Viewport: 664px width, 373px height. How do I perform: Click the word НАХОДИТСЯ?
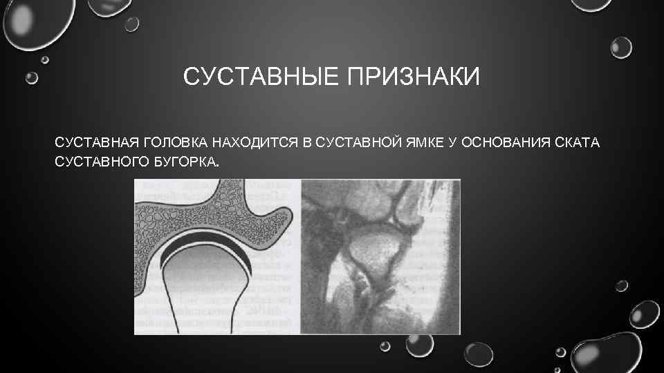pos(256,143)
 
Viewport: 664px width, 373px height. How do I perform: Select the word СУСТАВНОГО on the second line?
pos(101,163)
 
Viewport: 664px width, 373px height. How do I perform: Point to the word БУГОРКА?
pos(185,163)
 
